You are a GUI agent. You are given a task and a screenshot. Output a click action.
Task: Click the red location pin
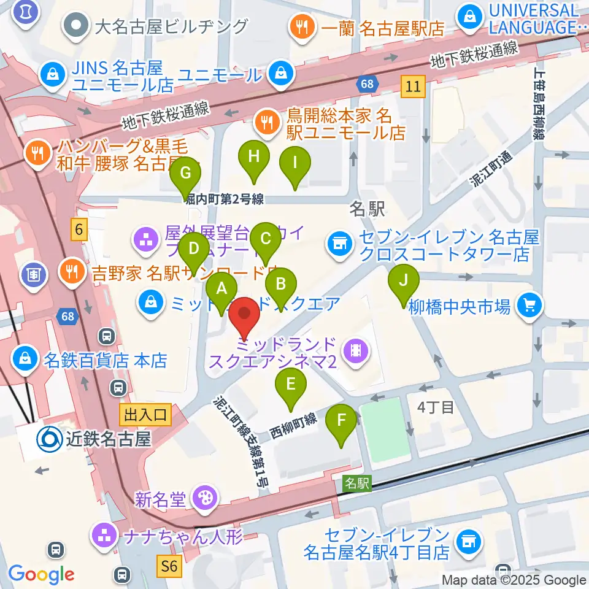click(x=245, y=318)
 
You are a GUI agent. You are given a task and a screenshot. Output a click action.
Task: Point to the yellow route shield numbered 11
click(x=413, y=87)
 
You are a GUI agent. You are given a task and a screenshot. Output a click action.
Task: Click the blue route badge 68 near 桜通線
click(x=366, y=82)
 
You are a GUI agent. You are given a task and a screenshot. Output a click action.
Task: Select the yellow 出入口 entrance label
click(x=146, y=415)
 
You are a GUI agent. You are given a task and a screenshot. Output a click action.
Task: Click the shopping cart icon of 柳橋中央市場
click(x=527, y=304)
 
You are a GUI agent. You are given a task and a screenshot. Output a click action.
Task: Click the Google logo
click(x=41, y=574)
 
